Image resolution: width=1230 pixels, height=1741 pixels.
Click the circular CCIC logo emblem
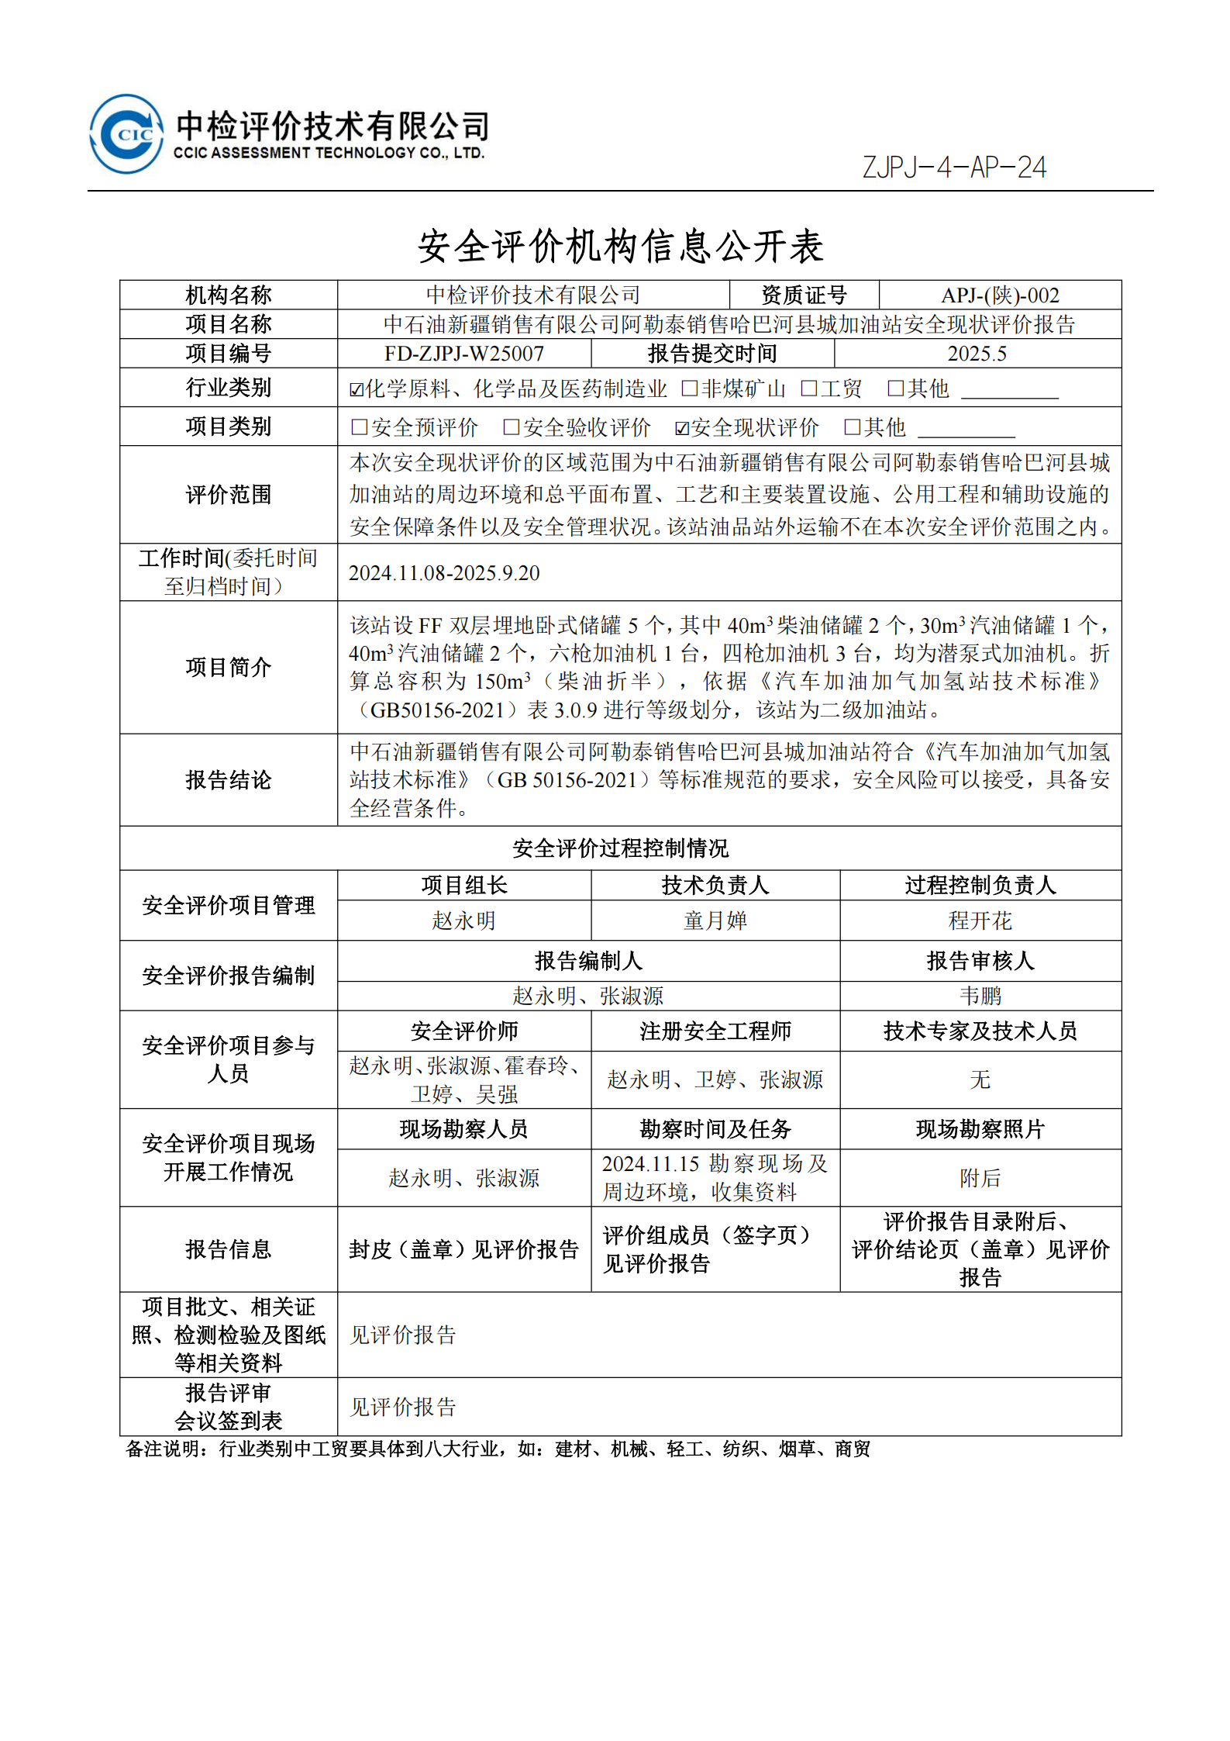(x=126, y=134)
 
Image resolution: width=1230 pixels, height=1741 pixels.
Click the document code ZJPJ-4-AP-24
(x=953, y=168)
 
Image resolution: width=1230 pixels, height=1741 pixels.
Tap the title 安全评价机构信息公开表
(x=620, y=247)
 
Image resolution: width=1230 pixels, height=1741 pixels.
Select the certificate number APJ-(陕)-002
(x=999, y=295)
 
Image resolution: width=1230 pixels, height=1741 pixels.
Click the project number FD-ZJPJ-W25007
(x=463, y=354)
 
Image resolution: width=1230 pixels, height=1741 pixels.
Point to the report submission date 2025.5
(x=977, y=354)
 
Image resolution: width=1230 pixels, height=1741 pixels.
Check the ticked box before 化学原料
(x=357, y=389)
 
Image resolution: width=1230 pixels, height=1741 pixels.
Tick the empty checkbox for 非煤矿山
(x=689, y=389)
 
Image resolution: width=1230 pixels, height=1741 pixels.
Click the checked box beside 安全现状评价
(x=682, y=428)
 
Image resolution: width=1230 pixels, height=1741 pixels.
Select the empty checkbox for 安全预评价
(x=359, y=427)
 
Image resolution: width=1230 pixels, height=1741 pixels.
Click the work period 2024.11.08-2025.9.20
(x=443, y=573)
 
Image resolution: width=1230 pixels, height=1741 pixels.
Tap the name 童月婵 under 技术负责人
(x=715, y=921)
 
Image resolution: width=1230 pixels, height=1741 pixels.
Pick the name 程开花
(x=980, y=921)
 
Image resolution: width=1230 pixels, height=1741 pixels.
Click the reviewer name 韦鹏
(x=980, y=996)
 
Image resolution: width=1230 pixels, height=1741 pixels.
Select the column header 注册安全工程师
(x=715, y=1031)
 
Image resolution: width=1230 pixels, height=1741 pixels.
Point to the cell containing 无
(x=980, y=1079)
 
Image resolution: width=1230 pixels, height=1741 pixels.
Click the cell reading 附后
(x=980, y=1178)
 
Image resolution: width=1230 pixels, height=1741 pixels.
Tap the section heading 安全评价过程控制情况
(x=620, y=848)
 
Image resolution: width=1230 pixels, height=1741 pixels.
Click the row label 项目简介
(x=228, y=667)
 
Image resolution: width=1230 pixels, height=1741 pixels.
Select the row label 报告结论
(x=228, y=780)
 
